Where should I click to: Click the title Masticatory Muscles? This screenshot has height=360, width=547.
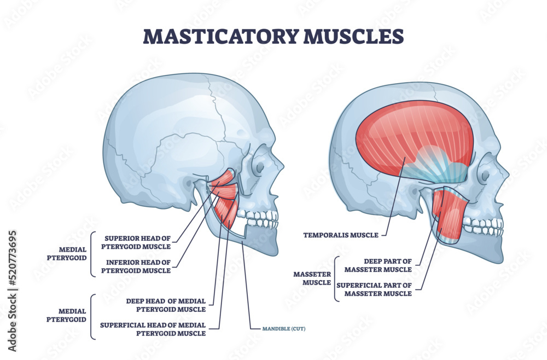pos(273,36)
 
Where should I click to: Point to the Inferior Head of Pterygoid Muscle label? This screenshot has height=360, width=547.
pos(138,266)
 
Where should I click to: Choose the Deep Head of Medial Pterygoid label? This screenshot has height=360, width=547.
pos(165,305)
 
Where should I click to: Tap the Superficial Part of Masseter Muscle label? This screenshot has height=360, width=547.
pos(374,289)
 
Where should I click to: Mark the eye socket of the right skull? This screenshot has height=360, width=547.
pos(485,175)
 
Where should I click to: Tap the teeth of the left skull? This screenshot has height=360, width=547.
pos(261,219)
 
